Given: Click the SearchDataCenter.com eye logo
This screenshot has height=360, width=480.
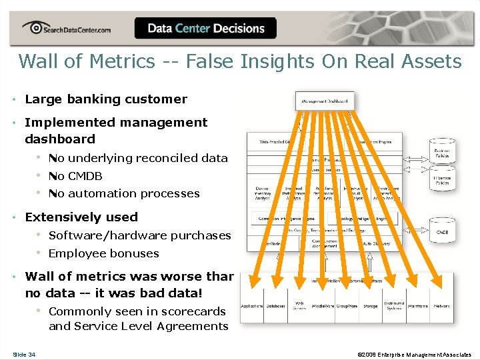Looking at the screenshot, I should click(x=33, y=28).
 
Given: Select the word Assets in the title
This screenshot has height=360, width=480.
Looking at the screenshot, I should click(x=428, y=61).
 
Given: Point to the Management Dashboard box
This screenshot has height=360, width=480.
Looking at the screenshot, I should click(x=325, y=101).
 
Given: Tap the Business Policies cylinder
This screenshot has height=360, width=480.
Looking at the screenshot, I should click(x=442, y=151).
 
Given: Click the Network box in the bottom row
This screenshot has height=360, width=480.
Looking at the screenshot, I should click(x=441, y=307).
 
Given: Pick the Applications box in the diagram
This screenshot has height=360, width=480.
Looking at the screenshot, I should click(x=251, y=307).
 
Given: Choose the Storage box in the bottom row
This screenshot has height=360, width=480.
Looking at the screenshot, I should click(x=371, y=307).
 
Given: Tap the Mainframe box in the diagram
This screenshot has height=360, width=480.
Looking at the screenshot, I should click(x=417, y=307).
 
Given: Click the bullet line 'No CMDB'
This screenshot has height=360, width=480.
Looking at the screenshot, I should click(x=75, y=176).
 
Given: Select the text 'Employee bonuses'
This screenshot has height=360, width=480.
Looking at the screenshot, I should click(x=103, y=253).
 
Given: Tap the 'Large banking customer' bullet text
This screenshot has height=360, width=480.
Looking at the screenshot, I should click(x=106, y=99).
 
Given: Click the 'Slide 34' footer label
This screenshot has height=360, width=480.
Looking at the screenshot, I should click(x=24, y=354).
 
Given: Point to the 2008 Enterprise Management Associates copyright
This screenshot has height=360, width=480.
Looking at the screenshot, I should click(x=414, y=354).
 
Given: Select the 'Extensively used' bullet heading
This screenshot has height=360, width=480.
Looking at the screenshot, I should click(x=81, y=217).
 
